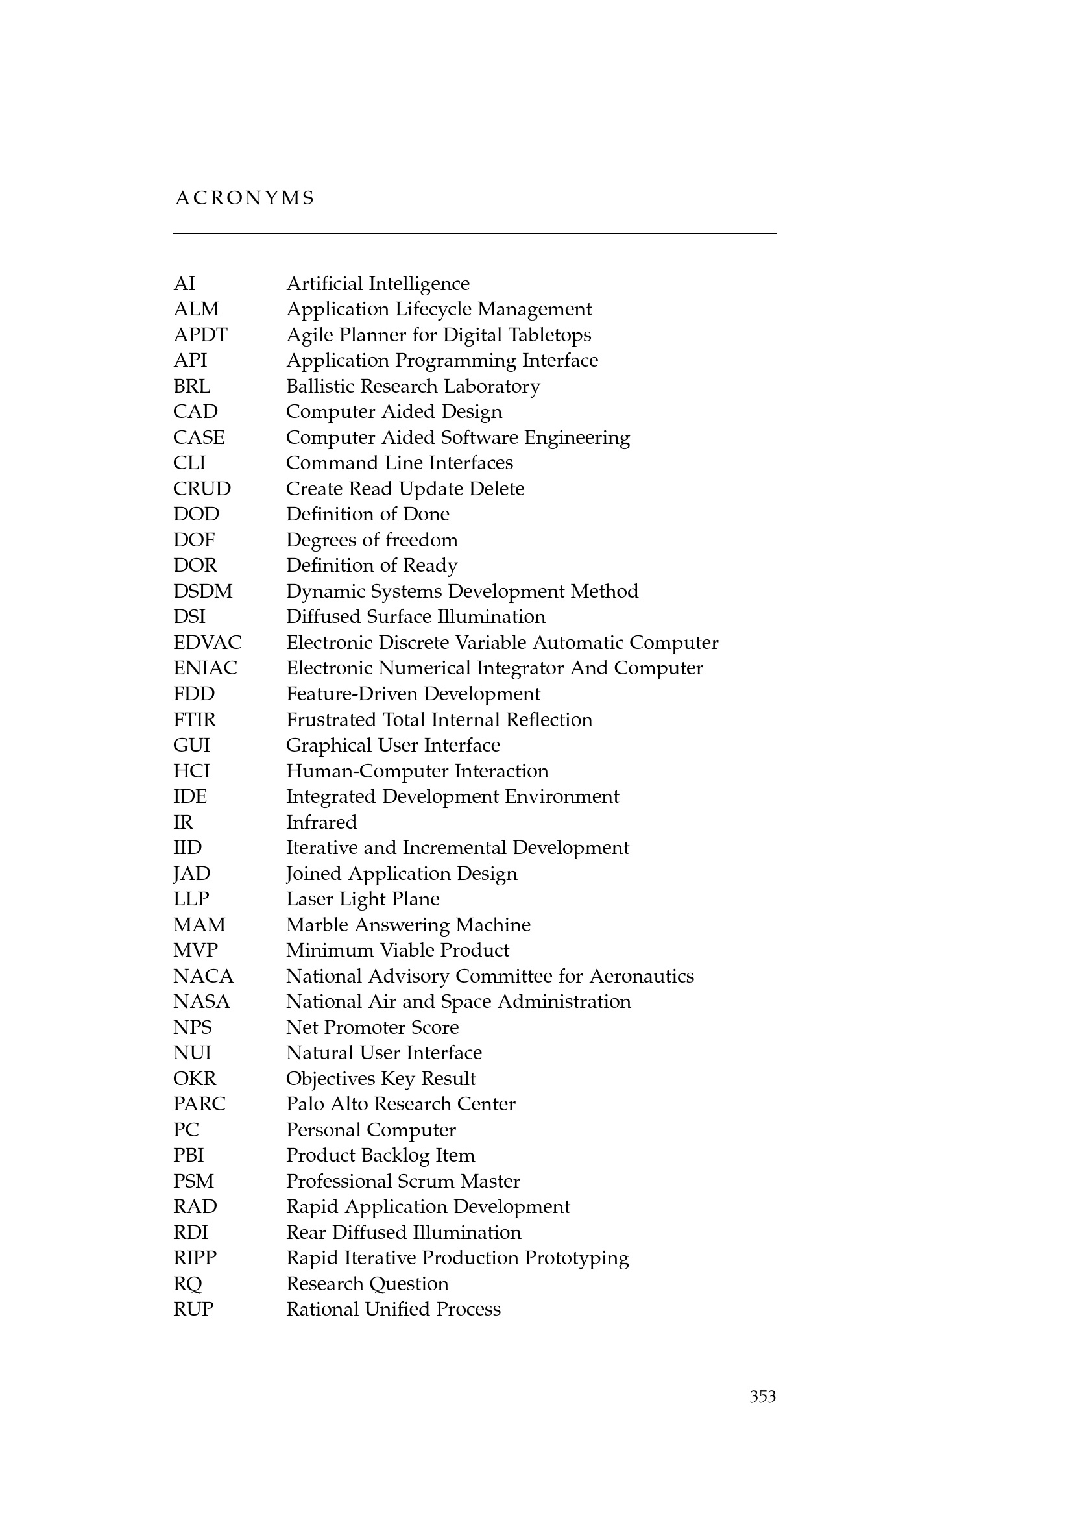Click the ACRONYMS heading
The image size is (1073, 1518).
point(245,198)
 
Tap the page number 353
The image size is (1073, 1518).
point(762,1397)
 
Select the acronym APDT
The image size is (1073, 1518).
point(200,335)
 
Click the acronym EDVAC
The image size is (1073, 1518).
point(208,643)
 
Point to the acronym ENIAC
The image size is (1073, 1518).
point(205,668)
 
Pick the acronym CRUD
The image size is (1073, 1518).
point(202,489)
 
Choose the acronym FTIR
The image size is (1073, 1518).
point(194,719)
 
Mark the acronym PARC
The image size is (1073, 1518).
point(199,1103)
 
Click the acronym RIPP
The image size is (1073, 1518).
point(195,1258)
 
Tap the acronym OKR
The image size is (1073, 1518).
point(194,1079)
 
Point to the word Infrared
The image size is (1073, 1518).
point(321,822)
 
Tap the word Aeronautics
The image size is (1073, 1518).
point(642,976)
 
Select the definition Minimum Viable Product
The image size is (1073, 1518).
point(397,950)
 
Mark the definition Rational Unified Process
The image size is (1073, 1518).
point(393,1309)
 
